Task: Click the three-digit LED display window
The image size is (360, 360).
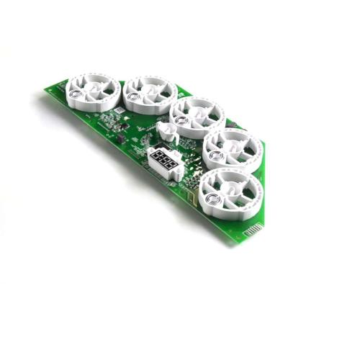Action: point(165,165)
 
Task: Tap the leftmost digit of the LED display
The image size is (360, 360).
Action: point(156,160)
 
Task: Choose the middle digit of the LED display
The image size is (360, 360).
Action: point(165,165)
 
